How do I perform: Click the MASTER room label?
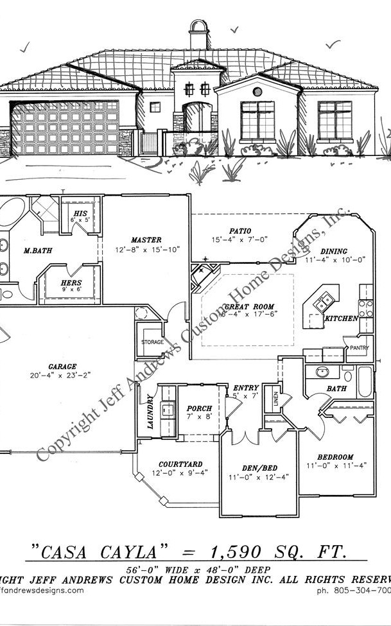(x=146, y=239)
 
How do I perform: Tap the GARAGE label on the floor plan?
(x=62, y=366)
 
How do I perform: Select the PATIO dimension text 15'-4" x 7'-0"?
(x=239, y=239)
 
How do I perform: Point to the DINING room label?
(x=334, y=251)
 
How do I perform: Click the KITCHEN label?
(x=341, y=318)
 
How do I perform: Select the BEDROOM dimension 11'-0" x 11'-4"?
(x=336, y=465)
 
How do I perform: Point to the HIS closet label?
(x=80, y=213)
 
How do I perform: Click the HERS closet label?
(x=71, y=283)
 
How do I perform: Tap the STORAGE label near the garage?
(x=152, y=342)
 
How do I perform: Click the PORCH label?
(x=199, y=408)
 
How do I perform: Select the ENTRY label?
(x=245, y=388)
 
